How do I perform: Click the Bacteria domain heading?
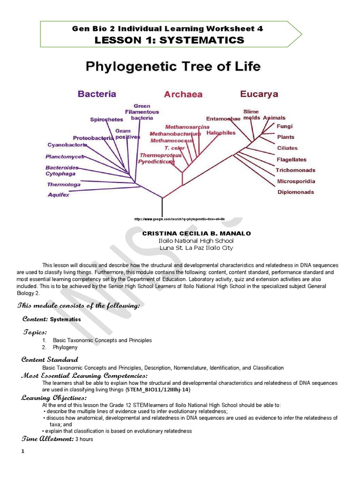click(x=97, y=94)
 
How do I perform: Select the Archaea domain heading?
click(x=183, y=94)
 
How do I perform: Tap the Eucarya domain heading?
click(x=259, y=94)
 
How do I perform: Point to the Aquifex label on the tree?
click(x=58, y=195)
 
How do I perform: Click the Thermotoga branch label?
click(x=63, y=184)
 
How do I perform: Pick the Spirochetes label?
click(x=106, y=120)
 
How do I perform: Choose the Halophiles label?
click(x=221, y=133)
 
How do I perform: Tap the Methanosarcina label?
click(x=187, y=127)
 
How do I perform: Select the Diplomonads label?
click(x=296, y=192)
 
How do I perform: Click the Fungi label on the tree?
click(x=285, y=126)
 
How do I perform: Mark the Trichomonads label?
click(x=295, y=170)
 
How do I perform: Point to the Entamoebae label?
click(x=223, y=119)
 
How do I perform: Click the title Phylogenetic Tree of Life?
click(x=173, y=67)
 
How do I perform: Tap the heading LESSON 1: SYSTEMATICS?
click(x=169, y=40)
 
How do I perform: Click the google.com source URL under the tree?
click(x=180, y=219)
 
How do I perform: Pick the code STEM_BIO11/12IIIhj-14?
click(x=157, y=390)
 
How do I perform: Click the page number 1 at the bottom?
click(x=22, y=451)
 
